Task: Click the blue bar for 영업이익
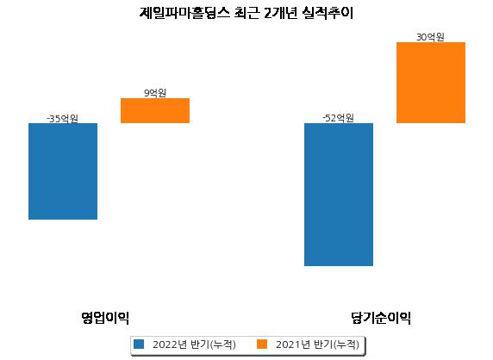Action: click(63, 171)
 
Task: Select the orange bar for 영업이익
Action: click(155, 110)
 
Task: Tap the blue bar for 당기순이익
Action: click(339, 195)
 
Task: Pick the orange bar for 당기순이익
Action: click(431, 83)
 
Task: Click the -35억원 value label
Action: click(62, 119)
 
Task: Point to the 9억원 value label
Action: click(155, 93)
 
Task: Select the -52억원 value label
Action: click(339, 118)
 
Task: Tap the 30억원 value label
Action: click(430, 37)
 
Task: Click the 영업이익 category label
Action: click(105, 318)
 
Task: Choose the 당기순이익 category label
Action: click(381, 318)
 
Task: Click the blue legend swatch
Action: click(139, 344)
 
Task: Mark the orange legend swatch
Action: click(262, 344)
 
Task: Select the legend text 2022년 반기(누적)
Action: click(194, 344)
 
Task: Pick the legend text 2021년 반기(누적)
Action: click(317, 344)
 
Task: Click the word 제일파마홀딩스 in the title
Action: click(184, 13)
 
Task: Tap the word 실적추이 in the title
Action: click(328, 13)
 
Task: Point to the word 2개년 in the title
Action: click(280, 13)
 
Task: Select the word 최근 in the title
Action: click(247, 13)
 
